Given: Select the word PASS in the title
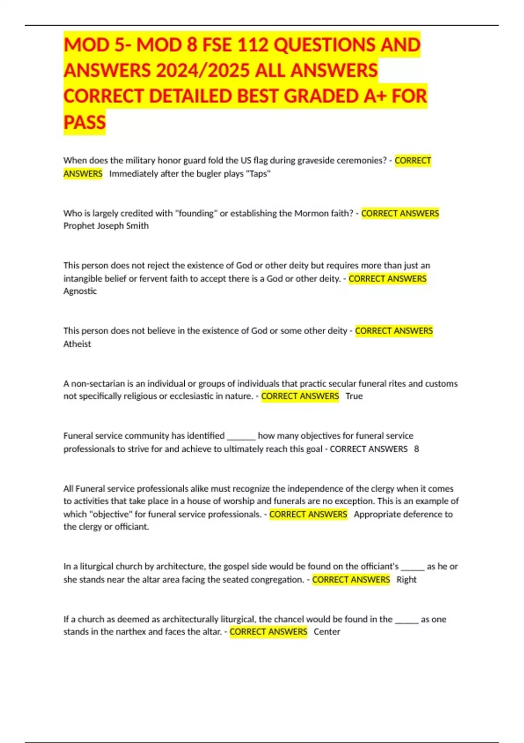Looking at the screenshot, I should click(x=85, y=122).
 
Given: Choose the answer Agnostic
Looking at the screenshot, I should click(x=80, y=291).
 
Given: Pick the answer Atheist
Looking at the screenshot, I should click(x=77, y=344).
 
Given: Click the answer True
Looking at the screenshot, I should click(x=354, y=396).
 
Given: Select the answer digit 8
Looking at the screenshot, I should click(x=416, y=449).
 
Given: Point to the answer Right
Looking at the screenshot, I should click(x=406, y=580).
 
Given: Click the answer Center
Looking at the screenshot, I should click(x=327, y=632).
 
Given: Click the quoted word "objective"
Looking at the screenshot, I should click(x=110, y=514).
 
